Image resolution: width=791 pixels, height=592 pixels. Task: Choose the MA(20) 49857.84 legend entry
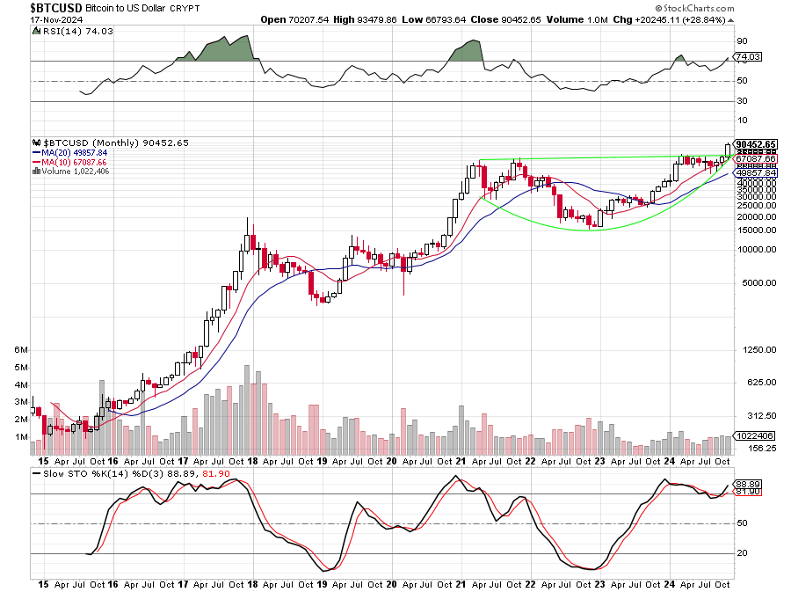point(70,152)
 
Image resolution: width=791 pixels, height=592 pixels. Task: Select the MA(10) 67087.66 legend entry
point(70,162)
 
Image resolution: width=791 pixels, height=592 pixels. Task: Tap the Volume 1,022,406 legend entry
point(75,172)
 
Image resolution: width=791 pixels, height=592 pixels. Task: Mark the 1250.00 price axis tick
point(755,349)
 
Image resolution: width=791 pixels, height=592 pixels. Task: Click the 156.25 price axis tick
point(756,448)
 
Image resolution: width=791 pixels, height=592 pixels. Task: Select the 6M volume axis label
point(22,349)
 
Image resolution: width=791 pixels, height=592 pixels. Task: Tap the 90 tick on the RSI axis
point(742,40)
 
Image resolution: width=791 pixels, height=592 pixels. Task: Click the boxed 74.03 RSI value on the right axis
point(747,57)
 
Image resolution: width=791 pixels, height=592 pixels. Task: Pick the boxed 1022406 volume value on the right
point(755,435)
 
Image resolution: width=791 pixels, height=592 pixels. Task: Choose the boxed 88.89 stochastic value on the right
point(748,484)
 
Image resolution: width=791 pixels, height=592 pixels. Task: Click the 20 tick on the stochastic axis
point(742,553)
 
